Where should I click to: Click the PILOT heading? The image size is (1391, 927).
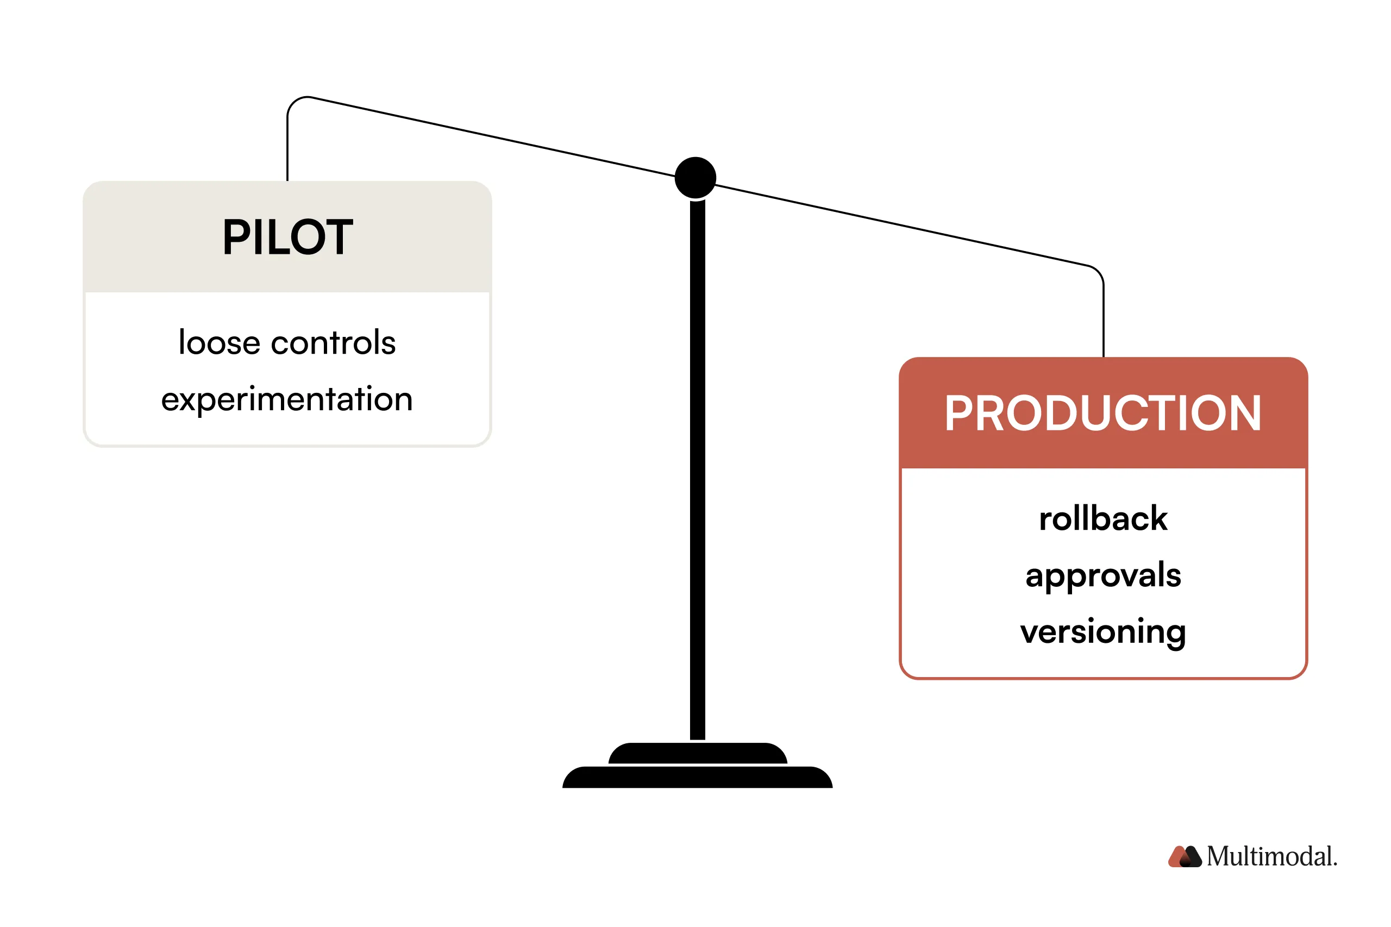coord(287,237)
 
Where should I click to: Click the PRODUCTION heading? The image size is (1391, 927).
coord(1102,414)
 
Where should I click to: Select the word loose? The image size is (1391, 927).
coord(220,343)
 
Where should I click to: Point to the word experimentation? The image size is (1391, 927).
coord(287,399)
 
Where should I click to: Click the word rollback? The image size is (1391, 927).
coord(1103,519)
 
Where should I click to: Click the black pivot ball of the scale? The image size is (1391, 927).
coord(695,177)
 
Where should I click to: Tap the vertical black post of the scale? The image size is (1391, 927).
coord(698,473)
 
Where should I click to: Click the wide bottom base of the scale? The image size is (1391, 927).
coord(698,778)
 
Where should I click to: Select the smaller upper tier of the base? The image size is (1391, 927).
coord(698,753)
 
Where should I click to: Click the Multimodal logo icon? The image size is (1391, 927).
coord(1185,856)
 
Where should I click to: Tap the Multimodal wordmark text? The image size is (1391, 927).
coord(1271,856)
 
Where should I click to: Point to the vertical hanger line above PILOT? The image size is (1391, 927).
coord(287,148)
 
